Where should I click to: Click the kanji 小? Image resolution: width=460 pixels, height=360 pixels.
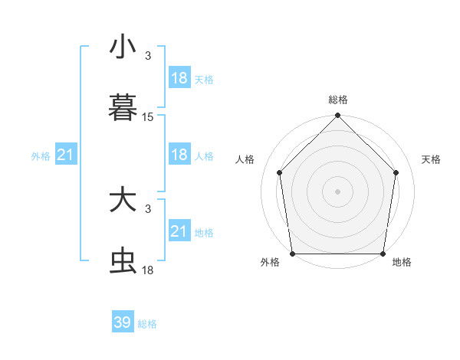tap(123, 47)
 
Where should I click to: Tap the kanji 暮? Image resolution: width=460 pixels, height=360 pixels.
tap(123, 108)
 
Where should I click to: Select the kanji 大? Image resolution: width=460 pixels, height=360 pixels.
tap(123, 201)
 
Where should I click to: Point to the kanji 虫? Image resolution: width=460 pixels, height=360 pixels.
tap(123, 261)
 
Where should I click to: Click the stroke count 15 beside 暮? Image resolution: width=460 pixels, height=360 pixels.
tap(148, 117)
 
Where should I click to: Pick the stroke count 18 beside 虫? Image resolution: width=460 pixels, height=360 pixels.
tap(148, 270)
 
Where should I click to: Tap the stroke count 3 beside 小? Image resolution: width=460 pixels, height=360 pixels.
tap(148, 56)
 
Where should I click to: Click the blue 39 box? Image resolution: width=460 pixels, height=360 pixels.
tap(123, 322)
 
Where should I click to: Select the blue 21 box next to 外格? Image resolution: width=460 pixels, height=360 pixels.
tap(65, 155)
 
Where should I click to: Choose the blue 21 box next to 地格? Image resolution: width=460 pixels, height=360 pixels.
tap(179, 231)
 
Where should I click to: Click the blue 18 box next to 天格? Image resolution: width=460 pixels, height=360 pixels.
tap(179, 78)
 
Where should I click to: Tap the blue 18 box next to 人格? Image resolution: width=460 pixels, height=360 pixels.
tap(179, 155)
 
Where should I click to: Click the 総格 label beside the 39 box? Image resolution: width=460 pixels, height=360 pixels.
tap(147, 324)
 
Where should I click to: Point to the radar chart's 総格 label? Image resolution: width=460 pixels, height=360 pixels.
tap(338, 100)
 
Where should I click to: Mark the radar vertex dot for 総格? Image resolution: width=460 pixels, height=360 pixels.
tap(338, 116)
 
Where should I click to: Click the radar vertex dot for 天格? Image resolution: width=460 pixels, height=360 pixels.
tap(396, 172)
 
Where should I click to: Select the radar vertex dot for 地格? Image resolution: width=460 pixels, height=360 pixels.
tap(383, 254)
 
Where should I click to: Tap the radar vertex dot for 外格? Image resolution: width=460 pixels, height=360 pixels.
tap(293, 254)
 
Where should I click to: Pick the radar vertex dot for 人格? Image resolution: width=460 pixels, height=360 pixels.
tap(279, 172)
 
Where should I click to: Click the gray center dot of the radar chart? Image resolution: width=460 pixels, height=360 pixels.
tap(338, 191)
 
